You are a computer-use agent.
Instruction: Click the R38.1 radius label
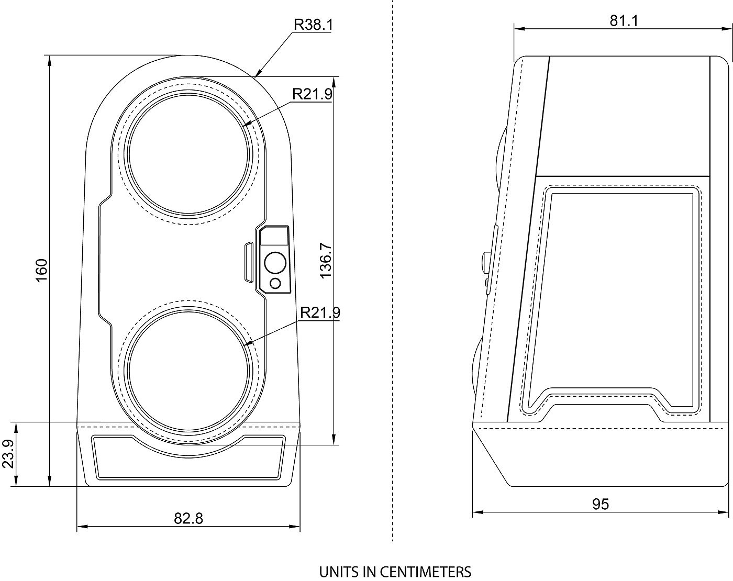point(314,25)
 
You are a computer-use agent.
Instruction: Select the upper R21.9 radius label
point(313,94)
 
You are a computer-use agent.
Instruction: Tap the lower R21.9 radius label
point(320,312)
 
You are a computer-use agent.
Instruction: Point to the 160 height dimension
point(41,271)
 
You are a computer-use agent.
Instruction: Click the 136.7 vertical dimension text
point(326,261)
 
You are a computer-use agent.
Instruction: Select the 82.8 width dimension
point(188,518)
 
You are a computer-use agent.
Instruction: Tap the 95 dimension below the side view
point(600,505)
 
